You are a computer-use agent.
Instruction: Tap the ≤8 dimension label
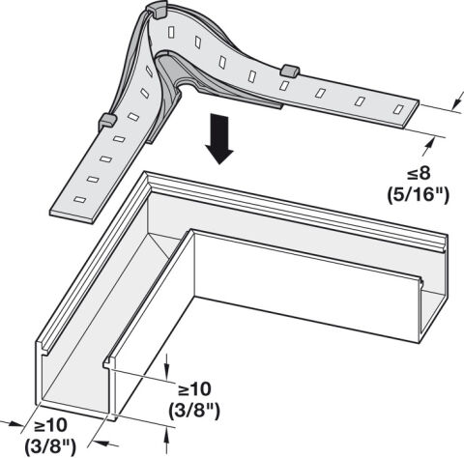419,174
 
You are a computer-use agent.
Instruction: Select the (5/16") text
418,195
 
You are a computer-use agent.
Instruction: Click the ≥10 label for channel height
194,389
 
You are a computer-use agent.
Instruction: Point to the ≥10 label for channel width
51,426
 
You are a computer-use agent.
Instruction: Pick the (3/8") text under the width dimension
50,446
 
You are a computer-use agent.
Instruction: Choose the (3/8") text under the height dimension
194,411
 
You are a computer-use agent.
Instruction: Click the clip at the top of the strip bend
157,11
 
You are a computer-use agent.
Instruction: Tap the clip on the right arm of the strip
290,71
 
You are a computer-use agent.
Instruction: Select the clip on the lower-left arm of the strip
107,122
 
